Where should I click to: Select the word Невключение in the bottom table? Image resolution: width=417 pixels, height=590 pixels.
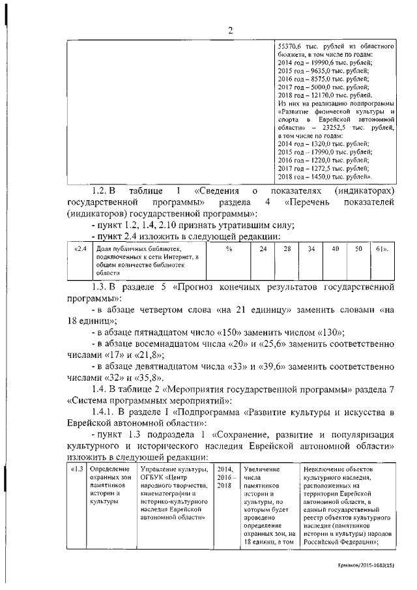[x=326, y=469]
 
